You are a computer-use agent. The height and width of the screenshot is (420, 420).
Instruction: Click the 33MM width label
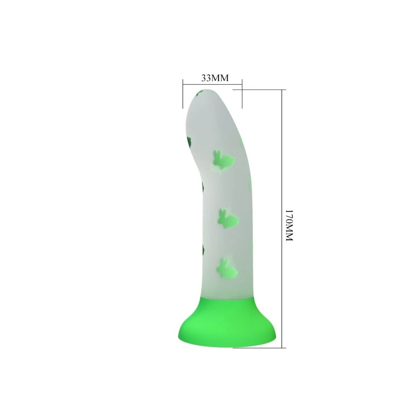tap(215, 78)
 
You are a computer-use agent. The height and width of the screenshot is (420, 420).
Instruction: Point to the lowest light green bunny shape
tap(226, 267)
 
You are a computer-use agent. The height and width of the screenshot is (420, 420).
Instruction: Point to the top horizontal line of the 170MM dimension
tap(259, 90)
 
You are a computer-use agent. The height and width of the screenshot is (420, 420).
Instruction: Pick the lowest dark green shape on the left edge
tap(202, 249)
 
